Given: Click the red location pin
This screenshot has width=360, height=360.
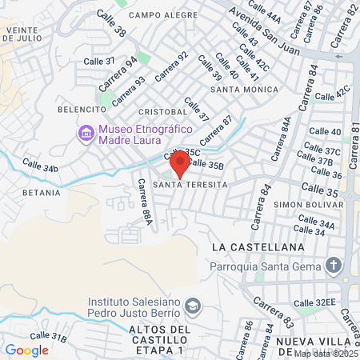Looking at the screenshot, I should pyautogui.click(x=179, y=162).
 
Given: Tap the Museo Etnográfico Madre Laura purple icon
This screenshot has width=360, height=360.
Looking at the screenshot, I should pyautogui.click(x=85, y=132).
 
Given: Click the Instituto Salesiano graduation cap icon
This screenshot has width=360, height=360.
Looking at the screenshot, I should pyautogui.click(x=192, y=306).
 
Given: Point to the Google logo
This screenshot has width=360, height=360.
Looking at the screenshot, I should pyautogui.click(x=26, y=350).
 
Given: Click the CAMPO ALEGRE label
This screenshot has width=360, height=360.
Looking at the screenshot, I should pyautogui.click(x=163, y=15).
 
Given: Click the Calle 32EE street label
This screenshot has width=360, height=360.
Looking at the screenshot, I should pyautogui.click(x=324, y=302).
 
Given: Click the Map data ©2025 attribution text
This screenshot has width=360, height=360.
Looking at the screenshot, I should pyautogui.click(x=326, y=354).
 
